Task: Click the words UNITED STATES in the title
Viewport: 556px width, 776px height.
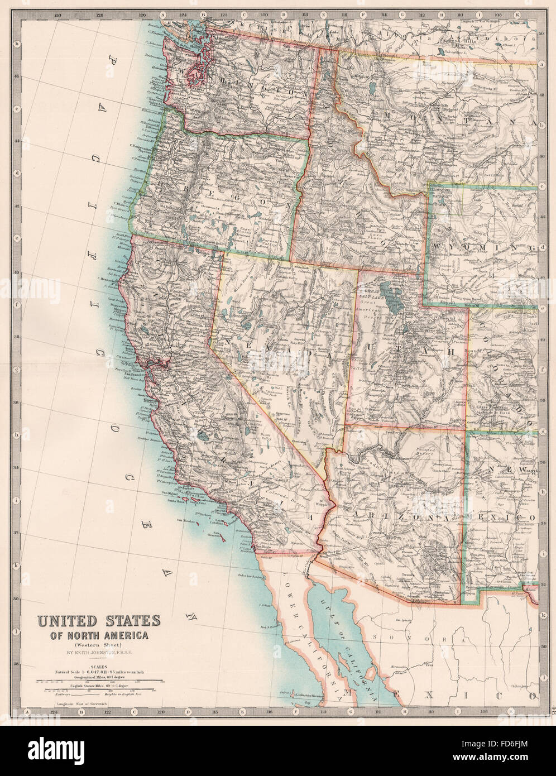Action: click(x=98, y=621)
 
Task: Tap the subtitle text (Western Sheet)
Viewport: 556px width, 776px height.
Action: click(x=98, y=643)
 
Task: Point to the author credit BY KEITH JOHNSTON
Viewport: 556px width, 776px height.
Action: click(x=98, y=652)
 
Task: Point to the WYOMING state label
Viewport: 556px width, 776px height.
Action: click(x=484, y=246)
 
